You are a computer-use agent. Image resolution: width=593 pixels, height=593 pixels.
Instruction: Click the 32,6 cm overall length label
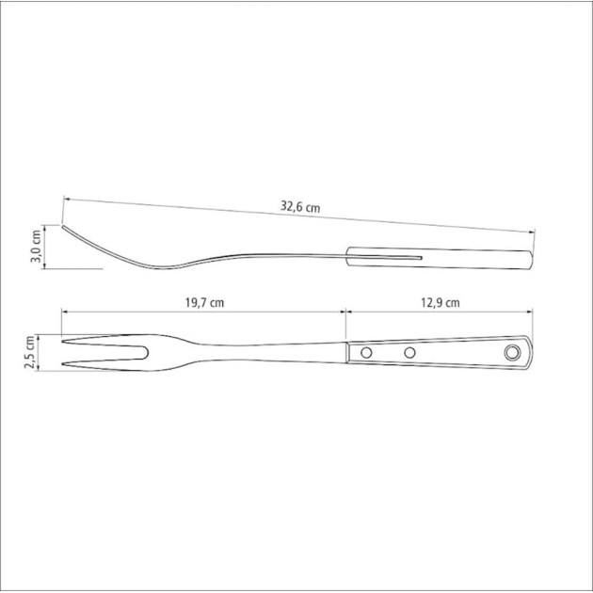click(x=300, y=207)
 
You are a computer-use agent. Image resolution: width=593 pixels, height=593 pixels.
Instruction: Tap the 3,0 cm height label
click(x=37, y=246)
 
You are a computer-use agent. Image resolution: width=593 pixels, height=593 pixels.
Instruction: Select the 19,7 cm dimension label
click(x=204, y=302)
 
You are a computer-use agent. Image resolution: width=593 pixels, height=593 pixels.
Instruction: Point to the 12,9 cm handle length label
click(x=441, y=302)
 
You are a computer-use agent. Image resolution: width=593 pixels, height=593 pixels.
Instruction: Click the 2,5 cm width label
click(x=30, y=352)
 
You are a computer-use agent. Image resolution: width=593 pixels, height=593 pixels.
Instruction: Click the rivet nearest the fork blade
click(x=366, y=352)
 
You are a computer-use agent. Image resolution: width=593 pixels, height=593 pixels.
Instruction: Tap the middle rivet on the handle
click(x=409, y=352)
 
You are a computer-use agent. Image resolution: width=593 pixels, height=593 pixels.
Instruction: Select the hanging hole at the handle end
click(x=512, y=352)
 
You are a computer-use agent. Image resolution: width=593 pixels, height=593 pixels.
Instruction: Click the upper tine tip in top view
click(x=63, y=342)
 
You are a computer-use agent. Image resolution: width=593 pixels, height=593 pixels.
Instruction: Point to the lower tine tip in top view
click(x=63, y=364)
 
